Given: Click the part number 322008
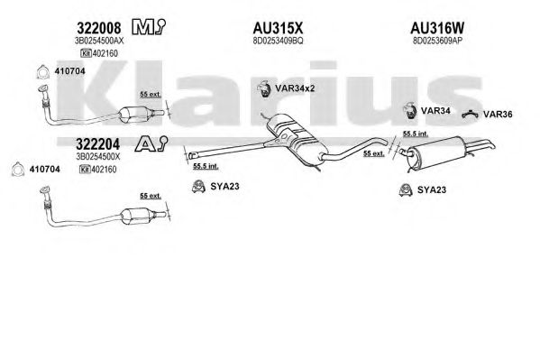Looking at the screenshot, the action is [x=99, y=28].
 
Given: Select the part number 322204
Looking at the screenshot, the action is [x=97, y=144].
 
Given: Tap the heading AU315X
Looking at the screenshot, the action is [x=278, y=28].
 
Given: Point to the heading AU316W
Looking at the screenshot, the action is [x=437, y=28].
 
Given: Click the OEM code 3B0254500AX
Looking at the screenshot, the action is [x=99, y=41].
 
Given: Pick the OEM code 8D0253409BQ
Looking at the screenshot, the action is [x=278, y=41].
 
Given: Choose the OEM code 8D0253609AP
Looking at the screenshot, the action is [x=437, y=41].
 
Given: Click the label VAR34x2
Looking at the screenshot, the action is [x=295, y=88].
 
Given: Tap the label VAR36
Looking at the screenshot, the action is [x=498, y=115].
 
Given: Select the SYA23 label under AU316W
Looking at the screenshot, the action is [x=432, y=189].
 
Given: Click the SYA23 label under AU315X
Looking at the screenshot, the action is [x=224, y=186].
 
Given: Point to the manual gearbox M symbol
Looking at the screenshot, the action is [x=149, y=27].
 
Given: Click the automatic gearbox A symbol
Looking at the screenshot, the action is [x=151, y=143].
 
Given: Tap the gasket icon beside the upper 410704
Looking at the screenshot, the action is [x=42, y=71].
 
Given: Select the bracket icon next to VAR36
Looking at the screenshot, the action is [x=470, y=115].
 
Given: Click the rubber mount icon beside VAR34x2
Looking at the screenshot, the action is [x=263, y=89].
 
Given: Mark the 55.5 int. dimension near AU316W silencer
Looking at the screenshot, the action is [x=416, y=134].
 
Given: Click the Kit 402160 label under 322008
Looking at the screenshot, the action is [x=99, y=53].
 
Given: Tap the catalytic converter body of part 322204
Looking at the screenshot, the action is [x=136, y=216].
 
